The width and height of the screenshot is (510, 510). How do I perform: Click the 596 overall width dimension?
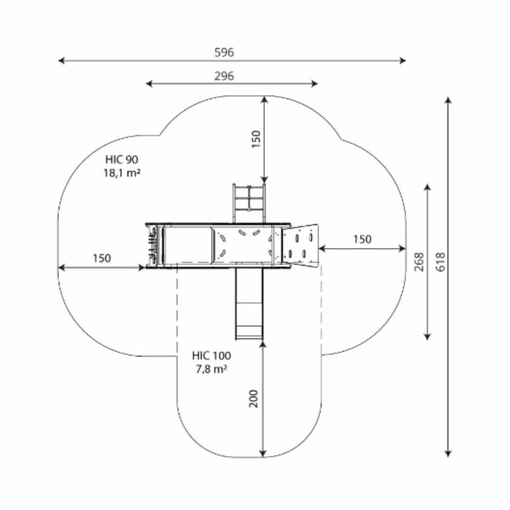224,52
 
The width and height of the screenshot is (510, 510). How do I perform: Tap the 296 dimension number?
224,76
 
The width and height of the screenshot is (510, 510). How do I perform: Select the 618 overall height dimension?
440,262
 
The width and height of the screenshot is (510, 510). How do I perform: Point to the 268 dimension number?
419,262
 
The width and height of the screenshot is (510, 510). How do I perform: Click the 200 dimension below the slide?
253,398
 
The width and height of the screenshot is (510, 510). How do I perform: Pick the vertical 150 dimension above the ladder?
256,139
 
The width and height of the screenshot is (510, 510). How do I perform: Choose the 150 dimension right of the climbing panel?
362,239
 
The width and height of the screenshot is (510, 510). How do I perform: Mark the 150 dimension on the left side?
102,258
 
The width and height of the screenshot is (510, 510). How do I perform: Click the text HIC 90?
122,159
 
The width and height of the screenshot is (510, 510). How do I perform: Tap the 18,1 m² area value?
122,173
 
